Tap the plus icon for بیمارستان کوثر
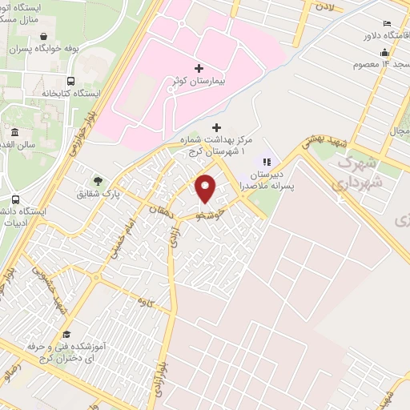199,69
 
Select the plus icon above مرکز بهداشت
215,127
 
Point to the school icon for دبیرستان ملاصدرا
267,162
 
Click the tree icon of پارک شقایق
98,181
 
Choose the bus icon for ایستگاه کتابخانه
71,81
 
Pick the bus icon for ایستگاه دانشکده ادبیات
16,199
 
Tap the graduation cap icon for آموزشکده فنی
67,334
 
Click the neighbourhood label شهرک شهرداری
357,172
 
